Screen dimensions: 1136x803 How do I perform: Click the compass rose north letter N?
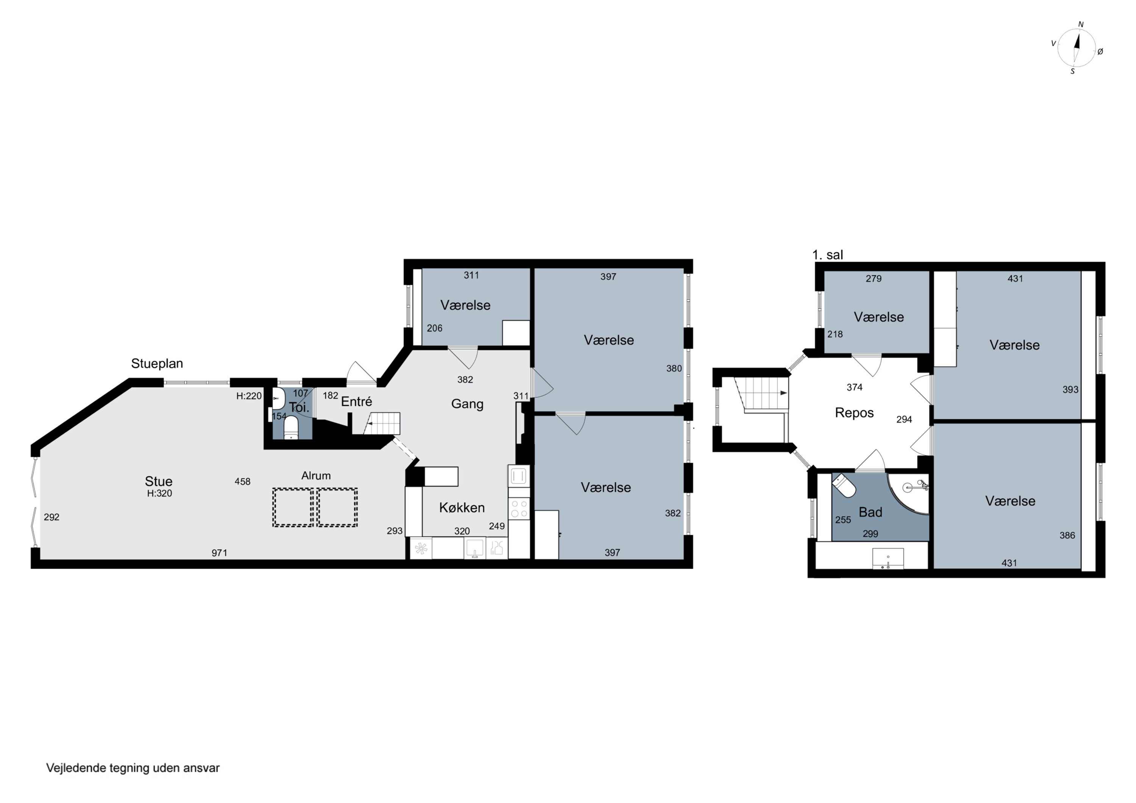[1081, 25]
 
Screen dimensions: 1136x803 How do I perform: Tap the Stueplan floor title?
[157, 364]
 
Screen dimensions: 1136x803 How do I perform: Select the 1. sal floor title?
[828, 255]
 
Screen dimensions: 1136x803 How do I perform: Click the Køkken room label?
[462, 508]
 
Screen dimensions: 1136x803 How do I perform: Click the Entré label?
[356, 402]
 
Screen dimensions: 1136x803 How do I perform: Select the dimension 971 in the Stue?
[219, 553]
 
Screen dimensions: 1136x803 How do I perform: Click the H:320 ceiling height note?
[159, 493]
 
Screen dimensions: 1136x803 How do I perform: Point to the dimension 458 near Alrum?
[242, 482]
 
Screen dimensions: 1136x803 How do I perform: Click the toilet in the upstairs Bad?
[844, 485]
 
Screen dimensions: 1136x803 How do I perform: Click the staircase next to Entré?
[382, 424]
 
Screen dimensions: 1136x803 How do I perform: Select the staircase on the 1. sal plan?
[760, 394]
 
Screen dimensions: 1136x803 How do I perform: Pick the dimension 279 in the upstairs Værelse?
[874, 279]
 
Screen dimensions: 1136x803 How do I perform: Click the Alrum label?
[316, 476]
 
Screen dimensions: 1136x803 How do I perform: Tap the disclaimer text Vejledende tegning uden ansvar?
[133, 768]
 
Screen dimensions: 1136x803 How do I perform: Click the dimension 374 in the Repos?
[855, 387]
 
